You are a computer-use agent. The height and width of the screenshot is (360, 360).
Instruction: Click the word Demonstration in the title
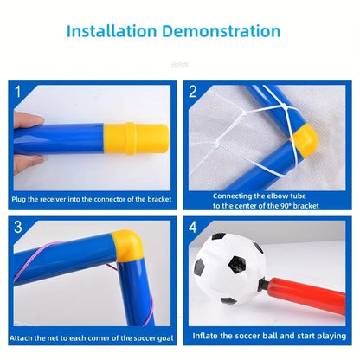tap(228, 33)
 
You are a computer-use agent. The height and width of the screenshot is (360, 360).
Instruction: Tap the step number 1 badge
tap(16, 90)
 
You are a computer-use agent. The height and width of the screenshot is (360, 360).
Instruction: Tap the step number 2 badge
tap(192, 90)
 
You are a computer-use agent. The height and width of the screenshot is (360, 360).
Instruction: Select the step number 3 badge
tap(16, 227)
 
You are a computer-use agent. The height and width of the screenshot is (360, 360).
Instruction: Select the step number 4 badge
tap(192, 227)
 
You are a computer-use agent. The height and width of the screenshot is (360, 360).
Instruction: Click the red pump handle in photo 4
tap(312, 299)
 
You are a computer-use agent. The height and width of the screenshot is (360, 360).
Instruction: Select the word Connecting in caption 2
tap(232, 195)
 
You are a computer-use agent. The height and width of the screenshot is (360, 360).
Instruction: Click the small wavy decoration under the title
tap(179, 64)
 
